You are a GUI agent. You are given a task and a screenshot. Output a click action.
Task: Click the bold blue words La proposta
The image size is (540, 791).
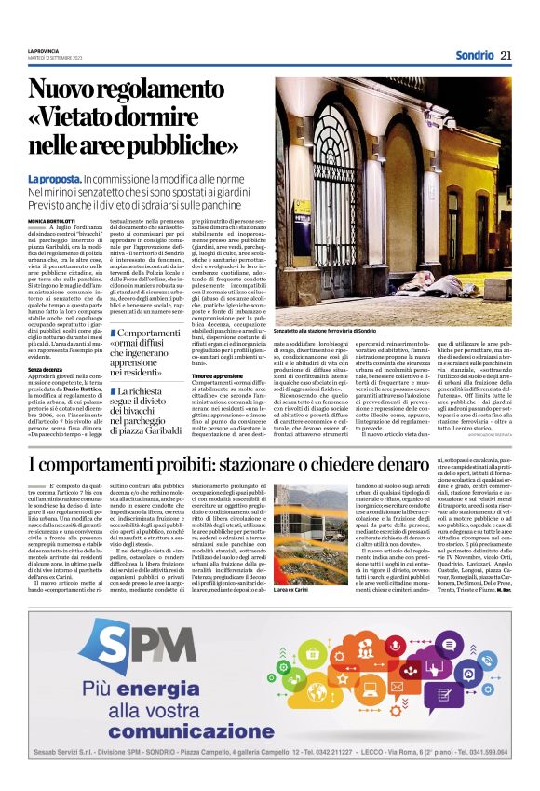(x=54, y=178)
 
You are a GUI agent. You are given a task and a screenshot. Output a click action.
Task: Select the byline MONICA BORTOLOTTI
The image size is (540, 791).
(x=51, y=220)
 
